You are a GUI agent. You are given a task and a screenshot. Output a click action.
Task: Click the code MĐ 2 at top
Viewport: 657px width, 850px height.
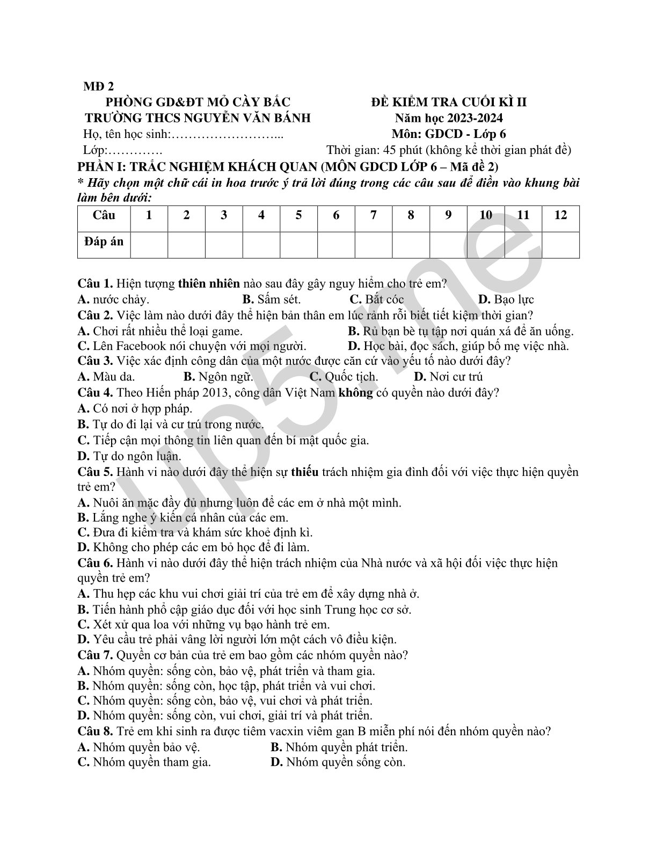99,86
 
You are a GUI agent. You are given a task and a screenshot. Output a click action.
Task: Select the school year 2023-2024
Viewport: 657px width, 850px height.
472,118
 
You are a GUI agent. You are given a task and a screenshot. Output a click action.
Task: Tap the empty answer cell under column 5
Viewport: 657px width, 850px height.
298,245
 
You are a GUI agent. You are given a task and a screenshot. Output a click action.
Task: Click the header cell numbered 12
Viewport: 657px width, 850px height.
560,216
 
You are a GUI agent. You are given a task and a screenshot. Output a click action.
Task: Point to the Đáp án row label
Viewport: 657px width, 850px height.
104,242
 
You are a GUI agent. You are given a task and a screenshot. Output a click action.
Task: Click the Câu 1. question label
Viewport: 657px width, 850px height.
95,283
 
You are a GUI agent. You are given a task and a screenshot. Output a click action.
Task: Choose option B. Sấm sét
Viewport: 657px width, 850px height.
272,299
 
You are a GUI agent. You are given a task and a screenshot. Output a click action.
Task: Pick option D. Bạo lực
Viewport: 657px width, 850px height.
506,299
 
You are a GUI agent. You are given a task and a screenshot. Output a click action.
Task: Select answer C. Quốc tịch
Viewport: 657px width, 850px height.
344,377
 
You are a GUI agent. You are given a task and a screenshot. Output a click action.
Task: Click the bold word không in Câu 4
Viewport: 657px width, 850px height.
355,392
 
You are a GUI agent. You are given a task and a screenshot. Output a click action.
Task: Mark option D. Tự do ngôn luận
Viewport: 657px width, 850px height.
129,456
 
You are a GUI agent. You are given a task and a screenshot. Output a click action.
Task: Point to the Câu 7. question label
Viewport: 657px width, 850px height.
95,655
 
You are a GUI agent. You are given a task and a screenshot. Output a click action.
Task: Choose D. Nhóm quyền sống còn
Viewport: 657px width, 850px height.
338,762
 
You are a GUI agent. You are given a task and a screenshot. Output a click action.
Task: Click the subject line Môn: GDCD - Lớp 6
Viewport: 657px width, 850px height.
449,134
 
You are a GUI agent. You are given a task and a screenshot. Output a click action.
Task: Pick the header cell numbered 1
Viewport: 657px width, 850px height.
149,216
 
